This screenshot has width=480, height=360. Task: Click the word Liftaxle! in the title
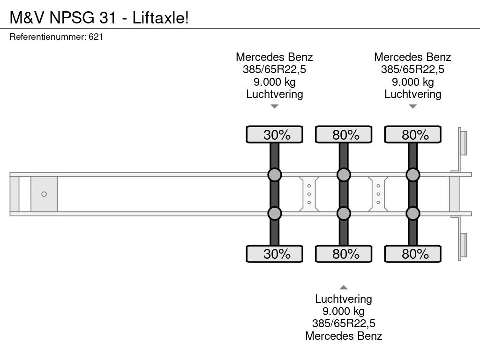click(x=160, y=17)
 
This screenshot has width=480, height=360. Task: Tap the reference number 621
click(x=96, y=37)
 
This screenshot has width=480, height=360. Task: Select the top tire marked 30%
click(x=275, y=135)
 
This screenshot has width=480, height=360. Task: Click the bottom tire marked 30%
click(x=275, y=254)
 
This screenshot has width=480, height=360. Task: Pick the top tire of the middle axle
click(x=344, y=135)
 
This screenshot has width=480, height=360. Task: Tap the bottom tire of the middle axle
click(x=344, y=254)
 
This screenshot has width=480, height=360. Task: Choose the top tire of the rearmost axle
click(x=413, y=135)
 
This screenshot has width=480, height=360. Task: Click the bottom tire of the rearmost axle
click(x=413, y=254)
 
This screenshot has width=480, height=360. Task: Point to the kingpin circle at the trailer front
click(x=44, y=194)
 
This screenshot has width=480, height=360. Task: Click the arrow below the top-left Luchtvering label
click(x=275, y=106)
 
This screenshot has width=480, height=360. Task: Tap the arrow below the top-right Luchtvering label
click(x=413, y=106)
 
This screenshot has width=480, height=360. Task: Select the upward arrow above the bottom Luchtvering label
click(x=344, y=287)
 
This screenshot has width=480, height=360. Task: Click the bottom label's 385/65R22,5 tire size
click(x=344, y=323)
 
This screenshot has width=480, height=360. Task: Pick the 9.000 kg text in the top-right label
click(x=413, y=82)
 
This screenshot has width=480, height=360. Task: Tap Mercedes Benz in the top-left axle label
click(x=274, y=57)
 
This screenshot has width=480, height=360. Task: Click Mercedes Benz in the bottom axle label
click(x=344, y=336)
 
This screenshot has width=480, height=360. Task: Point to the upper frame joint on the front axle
click(x=275, y=175)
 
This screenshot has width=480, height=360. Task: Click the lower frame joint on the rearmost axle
click(x=413, y=213)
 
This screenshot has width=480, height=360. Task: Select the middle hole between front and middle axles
click(x=309, y=194)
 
